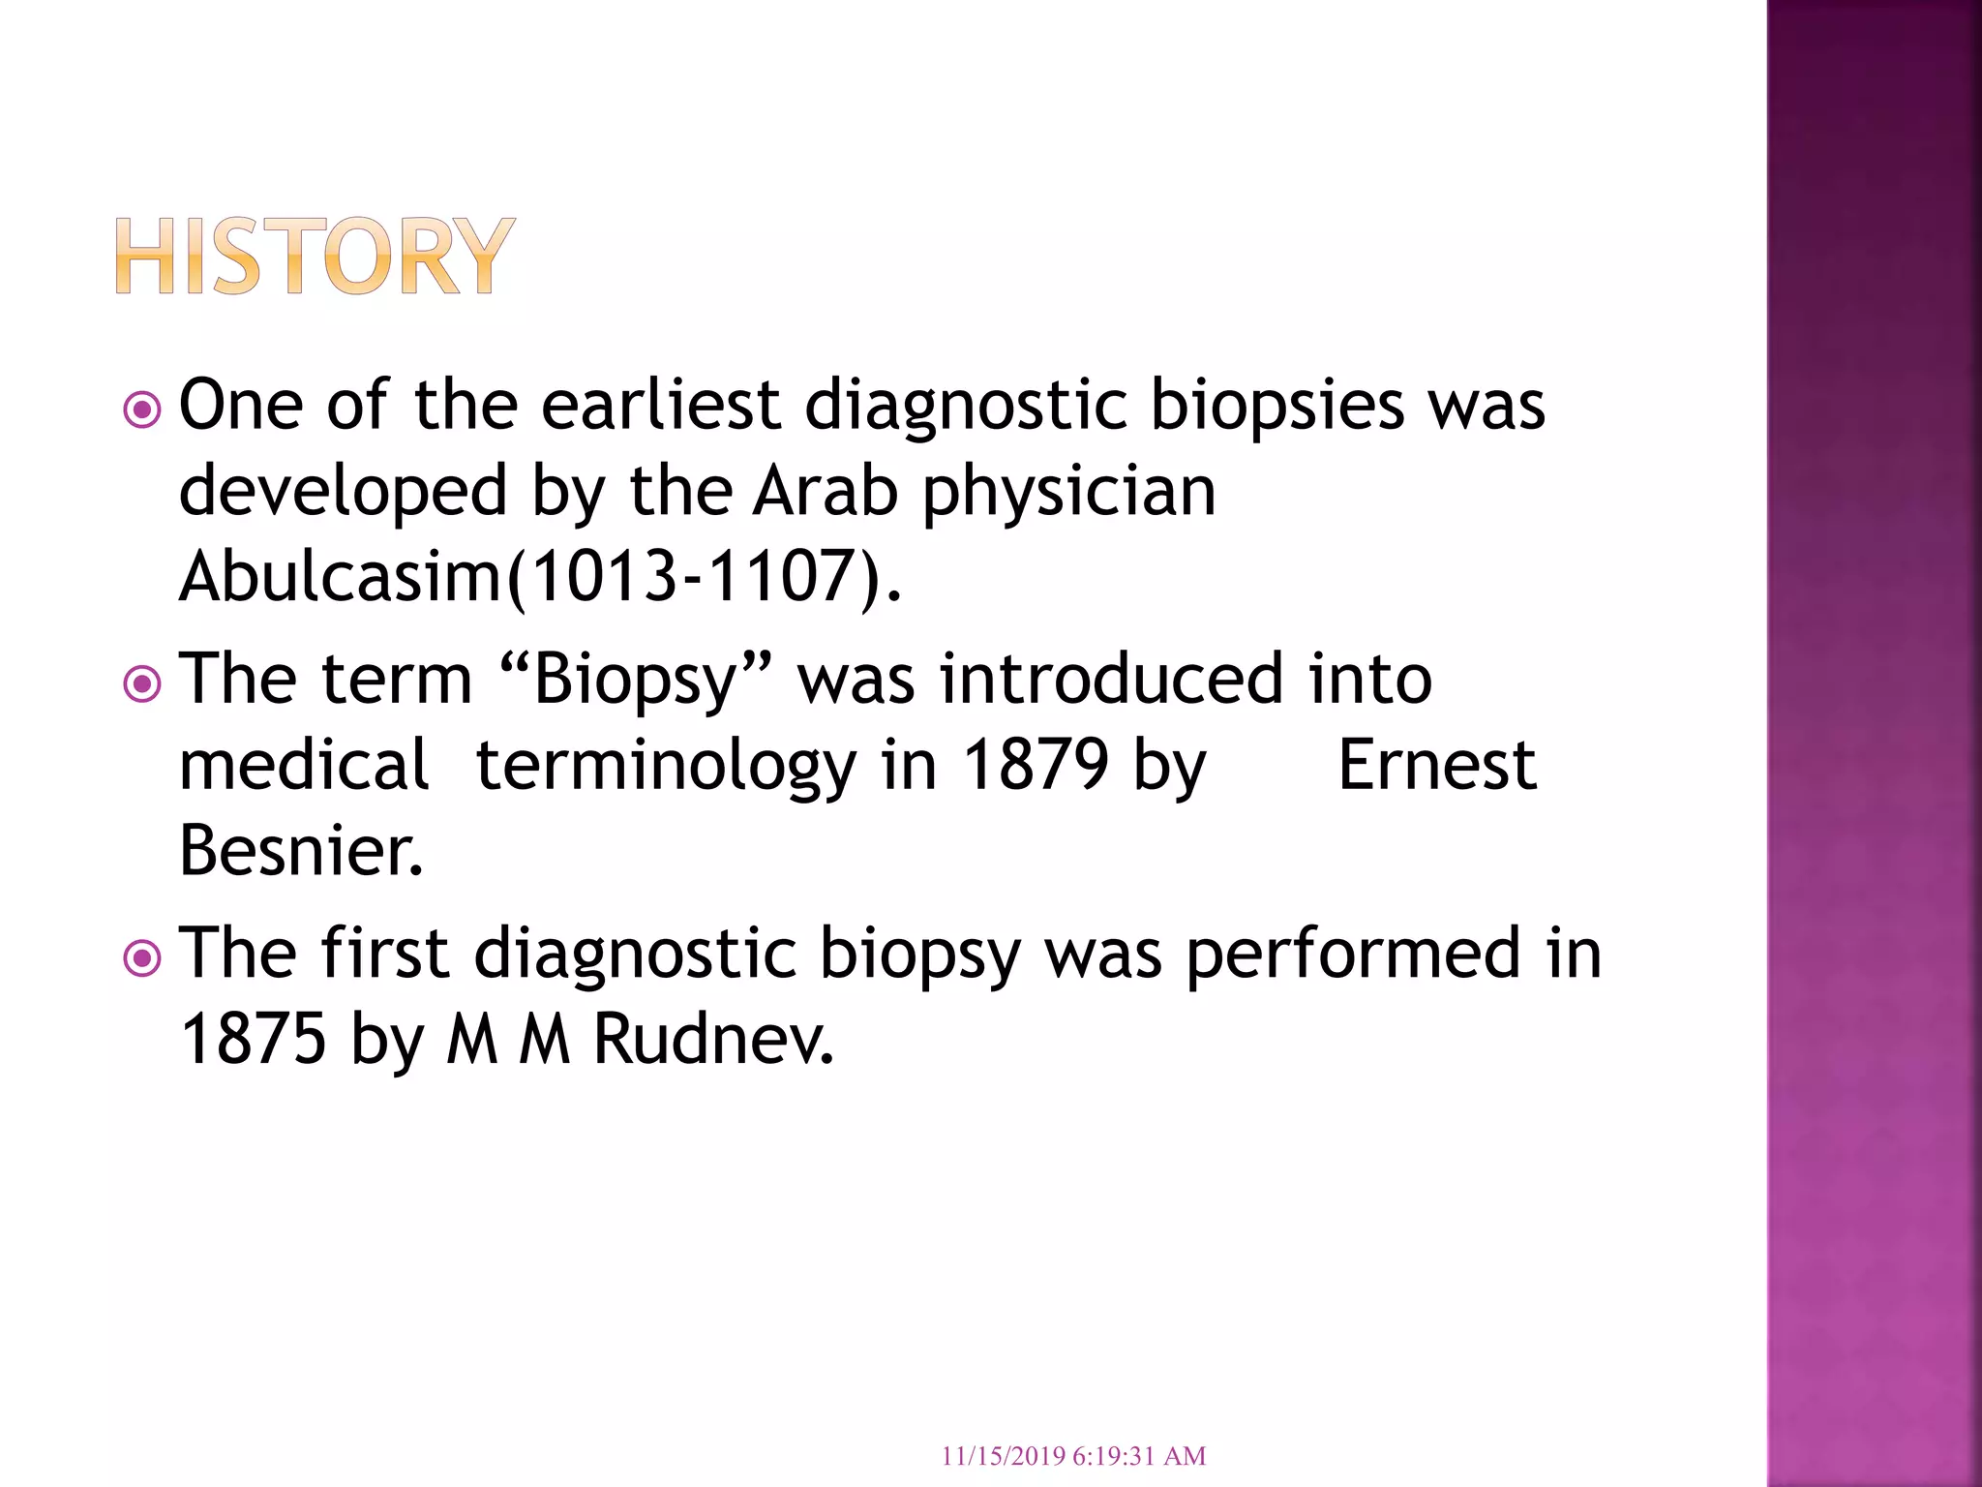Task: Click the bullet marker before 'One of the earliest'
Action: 142,410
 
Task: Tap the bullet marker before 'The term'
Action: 142,685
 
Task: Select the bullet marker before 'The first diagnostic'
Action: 142,959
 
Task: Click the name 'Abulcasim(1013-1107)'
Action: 540,577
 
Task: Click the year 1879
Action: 1036,765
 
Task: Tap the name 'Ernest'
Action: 1436,765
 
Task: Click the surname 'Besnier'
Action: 301,851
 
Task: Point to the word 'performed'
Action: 1353,955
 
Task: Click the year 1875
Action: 254,1040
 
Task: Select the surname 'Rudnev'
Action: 713,1040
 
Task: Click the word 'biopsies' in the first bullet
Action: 1276,407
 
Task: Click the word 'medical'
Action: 304,765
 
